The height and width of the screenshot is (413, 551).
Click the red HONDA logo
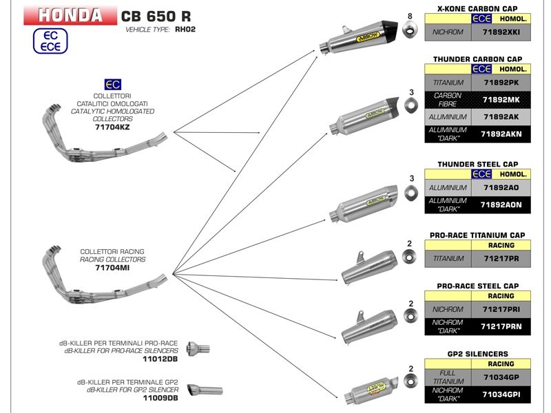click(x=69, y=15)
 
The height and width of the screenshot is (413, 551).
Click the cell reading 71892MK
click(x=501, y=99)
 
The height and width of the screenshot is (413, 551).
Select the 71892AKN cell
click(x=501, y=134)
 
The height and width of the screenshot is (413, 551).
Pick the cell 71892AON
click(x=501, y=204)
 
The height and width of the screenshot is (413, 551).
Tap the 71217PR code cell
click(x=501, y=259)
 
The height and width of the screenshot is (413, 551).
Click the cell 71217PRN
click(x=501, y=326)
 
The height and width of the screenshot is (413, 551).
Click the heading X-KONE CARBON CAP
click(x=478, y=8)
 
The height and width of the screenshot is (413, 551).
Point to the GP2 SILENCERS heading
click(x=478, y=353)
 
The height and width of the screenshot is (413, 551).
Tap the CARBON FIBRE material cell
click(x=448, y=100)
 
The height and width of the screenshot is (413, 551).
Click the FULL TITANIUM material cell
click(x=448, y=377)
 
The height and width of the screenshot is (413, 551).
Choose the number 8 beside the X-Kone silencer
click(x=410, y=16)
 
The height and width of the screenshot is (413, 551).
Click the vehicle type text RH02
click(x=185, y=30)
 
